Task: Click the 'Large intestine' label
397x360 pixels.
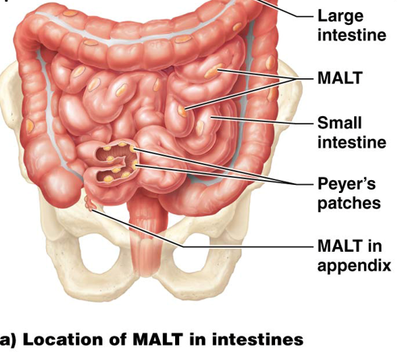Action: point(352,26)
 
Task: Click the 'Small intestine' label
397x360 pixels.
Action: point(352,132)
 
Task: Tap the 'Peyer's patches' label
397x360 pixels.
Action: point(349,193)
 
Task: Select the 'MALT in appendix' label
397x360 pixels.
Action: point(354,256)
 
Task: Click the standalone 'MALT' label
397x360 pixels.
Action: point(340,78)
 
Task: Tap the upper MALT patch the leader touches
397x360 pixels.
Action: point(214,71)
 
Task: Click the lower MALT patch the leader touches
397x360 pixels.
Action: point(182,111)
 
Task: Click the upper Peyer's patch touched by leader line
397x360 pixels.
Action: point(132,149)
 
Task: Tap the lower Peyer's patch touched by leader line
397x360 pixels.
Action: point(135,165)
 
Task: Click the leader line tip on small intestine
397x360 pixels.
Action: point(211,117)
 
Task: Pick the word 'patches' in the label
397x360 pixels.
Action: point(349,203)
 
